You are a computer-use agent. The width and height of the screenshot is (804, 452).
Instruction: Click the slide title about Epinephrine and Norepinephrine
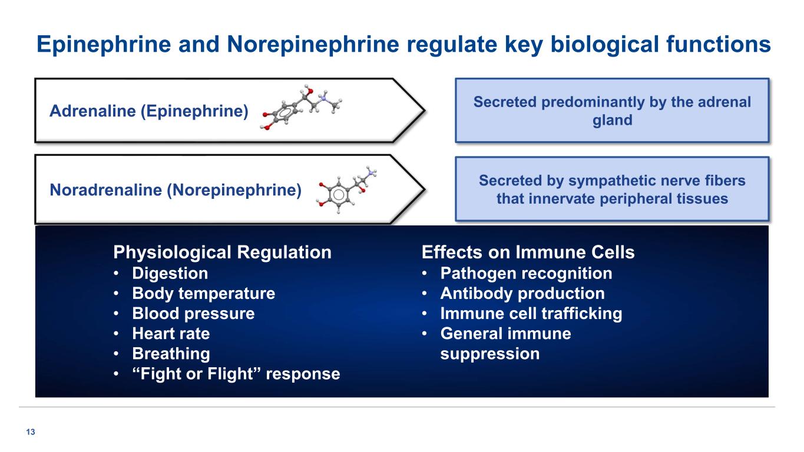403,44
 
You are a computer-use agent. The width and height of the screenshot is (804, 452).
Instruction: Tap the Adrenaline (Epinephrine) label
149,111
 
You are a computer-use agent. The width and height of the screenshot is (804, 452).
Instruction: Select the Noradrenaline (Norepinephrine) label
176,190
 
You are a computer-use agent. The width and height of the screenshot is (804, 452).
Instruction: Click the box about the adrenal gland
612,111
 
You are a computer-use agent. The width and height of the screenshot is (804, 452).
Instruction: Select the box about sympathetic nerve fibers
612,189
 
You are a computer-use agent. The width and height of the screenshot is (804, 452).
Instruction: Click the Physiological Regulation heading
222,252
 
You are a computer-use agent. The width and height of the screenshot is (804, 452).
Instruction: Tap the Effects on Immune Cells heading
528,252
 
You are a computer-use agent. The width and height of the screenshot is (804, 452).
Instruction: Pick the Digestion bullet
170,273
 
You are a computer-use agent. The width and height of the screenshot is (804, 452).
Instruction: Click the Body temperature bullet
203,293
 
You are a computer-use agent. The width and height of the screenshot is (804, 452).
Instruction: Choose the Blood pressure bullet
193,313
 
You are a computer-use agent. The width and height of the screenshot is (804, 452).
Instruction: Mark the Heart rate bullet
171,334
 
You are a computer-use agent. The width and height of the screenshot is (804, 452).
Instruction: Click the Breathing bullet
171,354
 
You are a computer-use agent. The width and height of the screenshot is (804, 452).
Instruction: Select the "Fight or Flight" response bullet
236,374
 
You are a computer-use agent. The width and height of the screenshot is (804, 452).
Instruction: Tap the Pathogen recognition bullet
526,273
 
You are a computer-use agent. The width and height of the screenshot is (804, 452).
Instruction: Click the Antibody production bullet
522,293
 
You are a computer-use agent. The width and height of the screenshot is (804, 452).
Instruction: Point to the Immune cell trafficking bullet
531,313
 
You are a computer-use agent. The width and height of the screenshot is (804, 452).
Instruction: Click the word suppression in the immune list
489,354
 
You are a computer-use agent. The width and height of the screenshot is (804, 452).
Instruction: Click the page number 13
31,433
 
